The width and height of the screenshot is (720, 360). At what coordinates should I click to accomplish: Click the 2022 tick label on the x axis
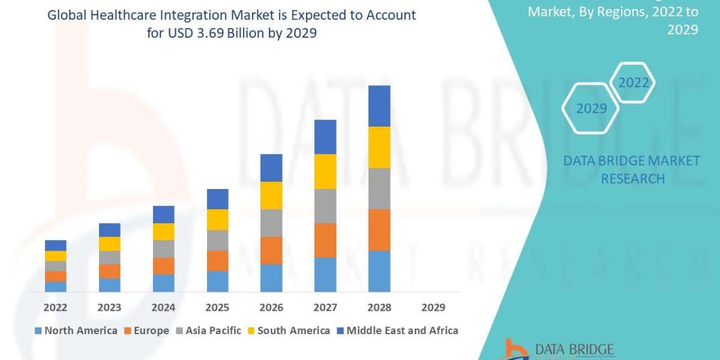coord(55,307)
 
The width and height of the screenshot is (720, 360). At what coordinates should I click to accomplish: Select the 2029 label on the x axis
coord(433,307)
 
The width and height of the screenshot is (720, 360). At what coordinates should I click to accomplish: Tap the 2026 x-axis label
coord(271,307)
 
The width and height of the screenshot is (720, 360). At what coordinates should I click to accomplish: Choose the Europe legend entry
coord(147,331)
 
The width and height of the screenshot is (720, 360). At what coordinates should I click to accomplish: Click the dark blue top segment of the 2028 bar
coord(379,106)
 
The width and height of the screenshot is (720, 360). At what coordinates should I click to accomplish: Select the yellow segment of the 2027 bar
coord(325,172)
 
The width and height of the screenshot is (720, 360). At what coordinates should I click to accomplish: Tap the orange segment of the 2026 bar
coord(271,250)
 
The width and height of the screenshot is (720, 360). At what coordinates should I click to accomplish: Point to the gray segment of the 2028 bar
coord(379,188)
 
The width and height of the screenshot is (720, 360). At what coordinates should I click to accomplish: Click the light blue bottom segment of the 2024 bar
coord(163,283)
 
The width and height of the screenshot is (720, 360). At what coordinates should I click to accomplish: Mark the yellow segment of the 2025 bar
coord(217,220)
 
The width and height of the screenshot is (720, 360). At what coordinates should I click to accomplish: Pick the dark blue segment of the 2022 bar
coord(55,245)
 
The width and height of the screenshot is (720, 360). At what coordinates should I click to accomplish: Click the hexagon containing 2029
coord(590,109)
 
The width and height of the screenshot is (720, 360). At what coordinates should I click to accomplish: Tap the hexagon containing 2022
coord(633,83)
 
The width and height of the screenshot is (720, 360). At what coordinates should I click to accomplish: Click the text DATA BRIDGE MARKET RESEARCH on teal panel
coord(632,169)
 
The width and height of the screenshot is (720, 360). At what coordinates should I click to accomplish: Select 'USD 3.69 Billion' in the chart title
coord(191,33)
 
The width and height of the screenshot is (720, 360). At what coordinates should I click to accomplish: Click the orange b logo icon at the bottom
coord(512,349)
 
